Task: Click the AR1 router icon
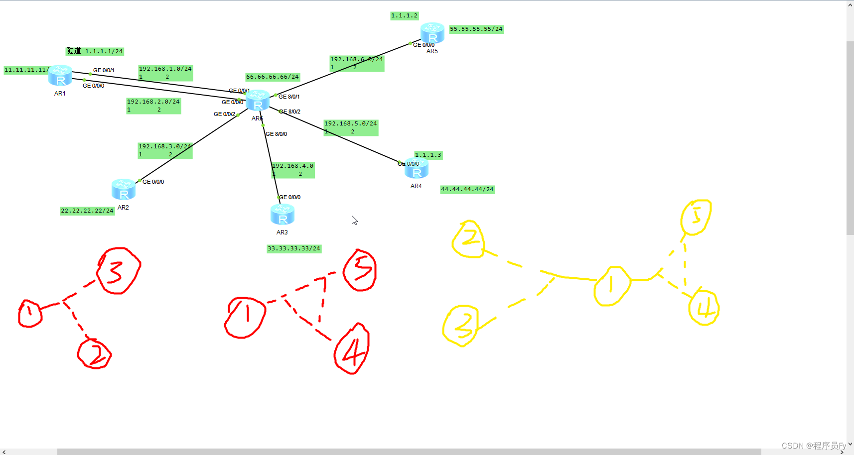60,76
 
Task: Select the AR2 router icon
124,189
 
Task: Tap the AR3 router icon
283,215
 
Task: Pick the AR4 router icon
417,169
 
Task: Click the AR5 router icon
432,33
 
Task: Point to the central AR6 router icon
258,101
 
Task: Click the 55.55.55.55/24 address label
476,29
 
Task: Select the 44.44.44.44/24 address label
467,190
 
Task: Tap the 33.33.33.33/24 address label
293,249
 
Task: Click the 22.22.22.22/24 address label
87,211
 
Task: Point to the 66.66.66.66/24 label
272,77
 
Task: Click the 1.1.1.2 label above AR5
404,16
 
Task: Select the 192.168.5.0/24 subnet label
350,124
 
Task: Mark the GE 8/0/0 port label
276,134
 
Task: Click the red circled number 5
360,270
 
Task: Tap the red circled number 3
118,270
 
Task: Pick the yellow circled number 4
704,308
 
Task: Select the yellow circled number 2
469,239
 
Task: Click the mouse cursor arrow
354,220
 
